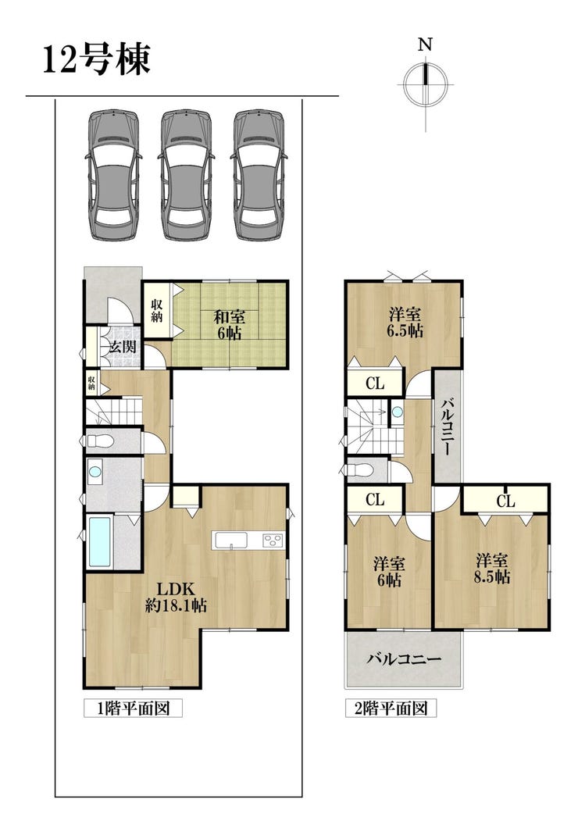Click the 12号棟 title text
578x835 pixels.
(x=96, y=59)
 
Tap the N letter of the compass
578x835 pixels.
(x=425, y=45)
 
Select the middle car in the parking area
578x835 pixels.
(x=186, y=175)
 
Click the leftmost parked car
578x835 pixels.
(x=113, y=175)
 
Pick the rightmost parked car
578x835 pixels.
(x=259, y=175)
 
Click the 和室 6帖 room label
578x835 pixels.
(x=229, y=325)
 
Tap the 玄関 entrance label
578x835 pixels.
(x=123, y=347)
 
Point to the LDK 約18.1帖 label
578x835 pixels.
(x=177, y=597)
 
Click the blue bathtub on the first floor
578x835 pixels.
(x=100, y=541)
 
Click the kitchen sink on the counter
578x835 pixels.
(x=230, y=540)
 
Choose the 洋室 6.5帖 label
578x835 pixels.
(x=405, y=322)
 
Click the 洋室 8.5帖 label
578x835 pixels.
(x=492, y=569)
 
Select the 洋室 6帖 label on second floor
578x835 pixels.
(x=389, y=572)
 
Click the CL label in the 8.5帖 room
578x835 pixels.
(x=506, y=501)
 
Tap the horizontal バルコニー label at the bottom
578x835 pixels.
(x=405, y=659)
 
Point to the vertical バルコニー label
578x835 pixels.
(x=447, y=426)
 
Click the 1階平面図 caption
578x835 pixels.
(x=133, y=708)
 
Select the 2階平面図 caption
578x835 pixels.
(x=391, y=708)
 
